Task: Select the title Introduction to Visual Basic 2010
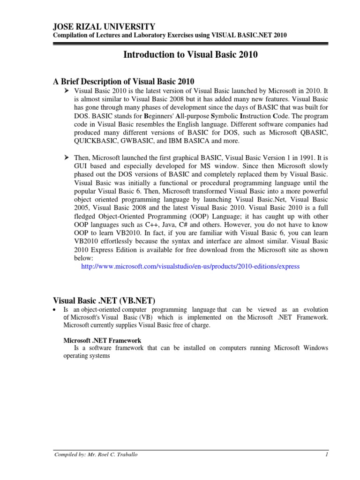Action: (190, 55)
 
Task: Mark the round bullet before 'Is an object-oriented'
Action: (55, 310)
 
